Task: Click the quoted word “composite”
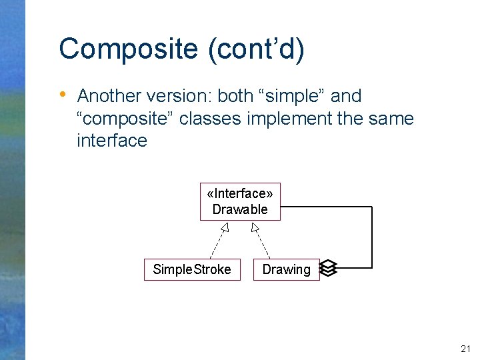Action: tap(125, 119)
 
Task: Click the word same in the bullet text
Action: tap(388, 119)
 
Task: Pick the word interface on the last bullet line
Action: tap(112, 141)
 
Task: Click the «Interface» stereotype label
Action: tap(240, 193)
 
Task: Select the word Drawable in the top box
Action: tap(240, 209)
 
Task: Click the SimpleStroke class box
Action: tap(192, 269)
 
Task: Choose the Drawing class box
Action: tap(286, 269)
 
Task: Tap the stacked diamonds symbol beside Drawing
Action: tap(328, 268)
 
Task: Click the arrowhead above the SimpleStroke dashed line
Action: tap(225, 228)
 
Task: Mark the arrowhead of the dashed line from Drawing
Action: tap(254, 228)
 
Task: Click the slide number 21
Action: tap(465, 349)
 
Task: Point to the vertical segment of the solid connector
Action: tap(372, 237)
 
